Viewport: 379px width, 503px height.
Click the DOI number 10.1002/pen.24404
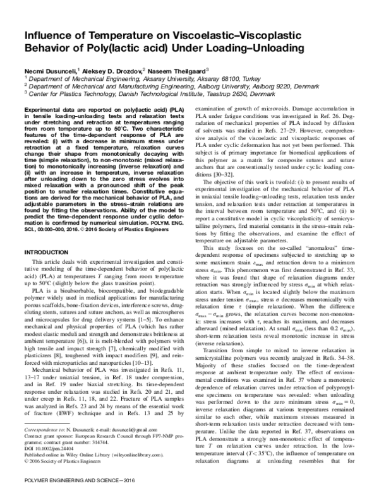(x=51, y=447)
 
